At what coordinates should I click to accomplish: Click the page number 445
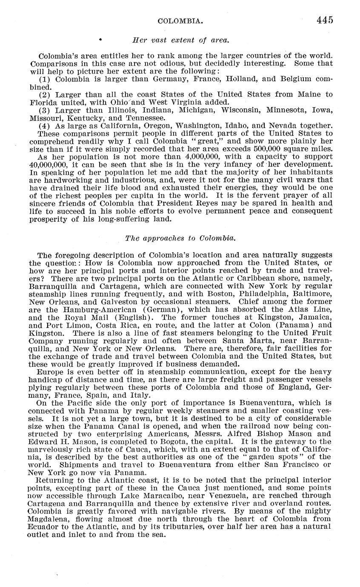(325, 20)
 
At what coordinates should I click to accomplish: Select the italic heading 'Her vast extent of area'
(181, 40)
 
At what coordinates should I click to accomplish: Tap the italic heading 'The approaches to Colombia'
(180, 238)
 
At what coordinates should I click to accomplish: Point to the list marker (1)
(45, 79)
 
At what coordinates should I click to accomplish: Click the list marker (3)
(45, 110)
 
